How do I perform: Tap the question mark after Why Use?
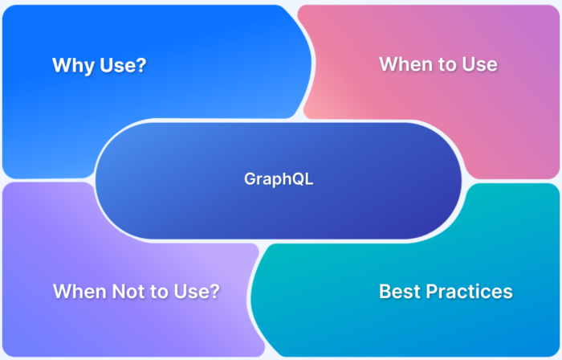(141, 66)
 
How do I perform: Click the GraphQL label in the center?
(279, 179)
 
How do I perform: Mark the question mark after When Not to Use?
(214, 292)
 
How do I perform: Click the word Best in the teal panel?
(398, 291)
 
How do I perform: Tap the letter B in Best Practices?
(385, 291)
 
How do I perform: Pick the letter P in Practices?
(429, 291)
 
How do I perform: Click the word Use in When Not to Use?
(192, 292)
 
